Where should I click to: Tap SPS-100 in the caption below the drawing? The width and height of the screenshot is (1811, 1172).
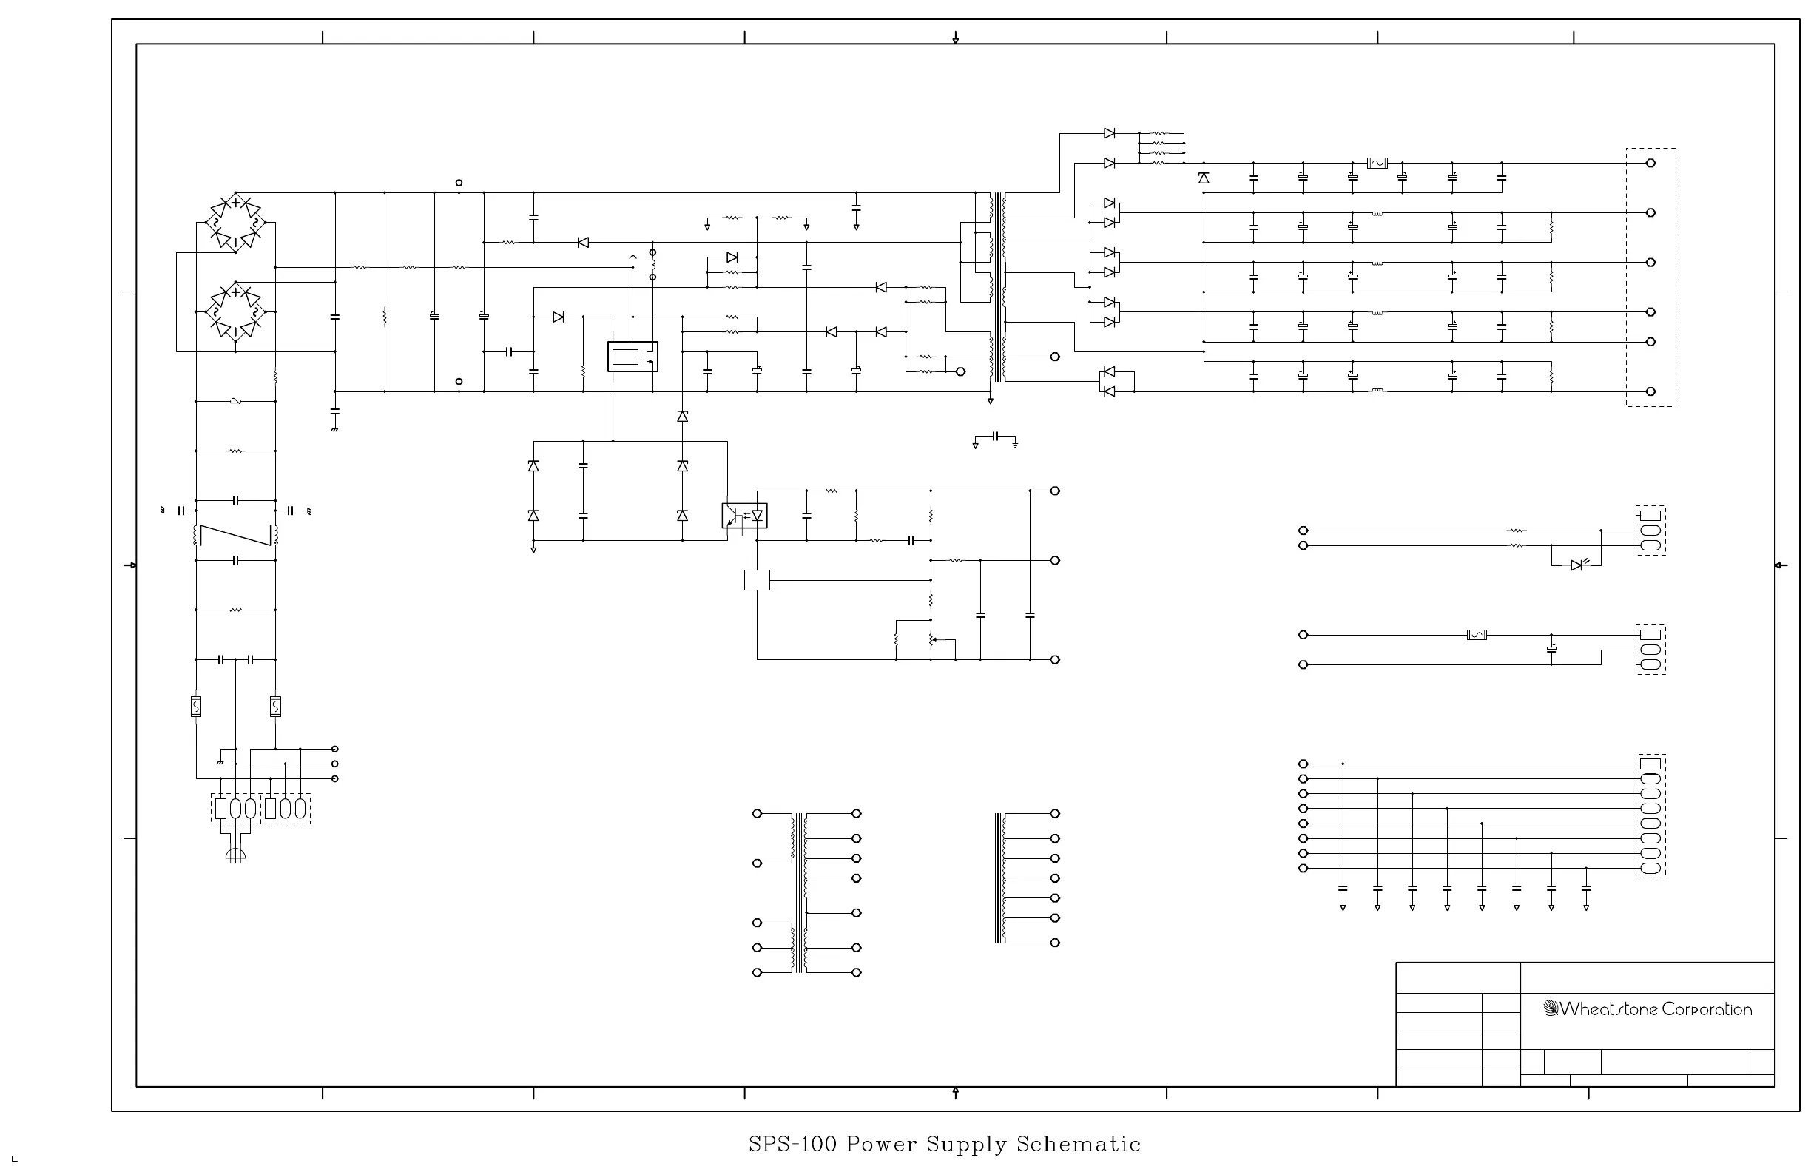[x=792, y=1144]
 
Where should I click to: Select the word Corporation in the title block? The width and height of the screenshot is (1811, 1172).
[x=1707, y=1009]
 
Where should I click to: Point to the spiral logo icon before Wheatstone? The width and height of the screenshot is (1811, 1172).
[x=1551, y=1008]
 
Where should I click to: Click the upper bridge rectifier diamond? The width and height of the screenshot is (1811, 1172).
[x=236, y=223]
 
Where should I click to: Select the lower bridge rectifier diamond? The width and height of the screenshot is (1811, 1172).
[x=236, y=312]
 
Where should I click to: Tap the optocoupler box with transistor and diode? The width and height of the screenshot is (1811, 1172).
[x=744, y=516]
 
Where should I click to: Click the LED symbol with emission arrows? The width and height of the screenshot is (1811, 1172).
[x=1576, y=565]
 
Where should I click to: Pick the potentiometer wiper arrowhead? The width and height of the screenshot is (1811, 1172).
[x=934, y=640]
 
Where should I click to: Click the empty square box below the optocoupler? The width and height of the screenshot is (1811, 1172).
[x=756, y=580]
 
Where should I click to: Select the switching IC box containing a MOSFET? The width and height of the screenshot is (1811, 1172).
[x=633, y=356]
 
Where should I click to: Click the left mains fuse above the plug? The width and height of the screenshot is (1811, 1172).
[x=195, y=707]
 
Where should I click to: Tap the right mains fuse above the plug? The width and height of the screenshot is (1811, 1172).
[x=275, y=707]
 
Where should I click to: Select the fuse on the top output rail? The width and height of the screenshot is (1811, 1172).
[x=1377, y=163]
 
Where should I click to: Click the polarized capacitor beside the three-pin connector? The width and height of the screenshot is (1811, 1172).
[x=1551, y=649]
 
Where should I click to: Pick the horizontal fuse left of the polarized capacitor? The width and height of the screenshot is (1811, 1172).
[x=1476, y=635]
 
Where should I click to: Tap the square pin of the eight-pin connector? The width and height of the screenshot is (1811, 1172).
[x=1650, y=764]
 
